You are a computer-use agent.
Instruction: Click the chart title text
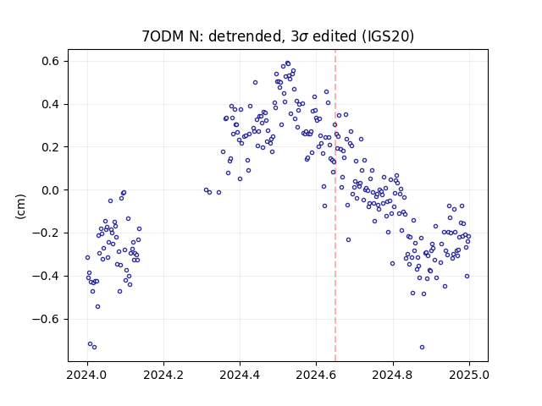coord(278,36)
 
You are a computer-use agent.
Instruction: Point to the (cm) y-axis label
coord(20,206)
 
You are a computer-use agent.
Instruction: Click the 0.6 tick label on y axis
coord(51,61)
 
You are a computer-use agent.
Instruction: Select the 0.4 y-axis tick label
coord(51,104)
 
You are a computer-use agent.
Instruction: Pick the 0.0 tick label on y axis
coord(51,190)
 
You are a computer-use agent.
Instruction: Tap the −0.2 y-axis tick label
coord(46,233)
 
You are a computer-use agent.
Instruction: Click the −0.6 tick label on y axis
coord(46,319)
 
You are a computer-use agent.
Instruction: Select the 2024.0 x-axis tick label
coord(87,375)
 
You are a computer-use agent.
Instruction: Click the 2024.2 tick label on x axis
coord(163,375)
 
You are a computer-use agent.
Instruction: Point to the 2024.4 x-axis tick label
coord(240,375)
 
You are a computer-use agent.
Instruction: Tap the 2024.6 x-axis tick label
coord(316,375)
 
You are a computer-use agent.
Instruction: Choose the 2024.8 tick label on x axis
coord(393,375)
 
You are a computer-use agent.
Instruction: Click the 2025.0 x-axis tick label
coord(469,375)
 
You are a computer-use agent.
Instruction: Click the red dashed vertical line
coord(335,206)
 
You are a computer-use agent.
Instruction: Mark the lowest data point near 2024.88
coord(422,347)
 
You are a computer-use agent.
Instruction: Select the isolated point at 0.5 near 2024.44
coord(255,83)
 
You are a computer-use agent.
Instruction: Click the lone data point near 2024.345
coord(218,192)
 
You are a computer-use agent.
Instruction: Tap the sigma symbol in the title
coord(303,37)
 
